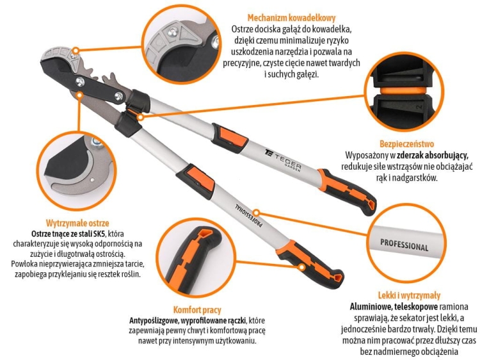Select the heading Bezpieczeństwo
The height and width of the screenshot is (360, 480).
pyautogui.click(x=407, y=144)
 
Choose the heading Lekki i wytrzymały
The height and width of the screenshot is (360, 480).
pyautogui.click(x=409, y=295)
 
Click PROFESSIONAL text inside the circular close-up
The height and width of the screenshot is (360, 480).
pyautogui.click(x=404, y=245)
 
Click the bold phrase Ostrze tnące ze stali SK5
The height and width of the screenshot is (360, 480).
pyautogui.click(x=67, y=234)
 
